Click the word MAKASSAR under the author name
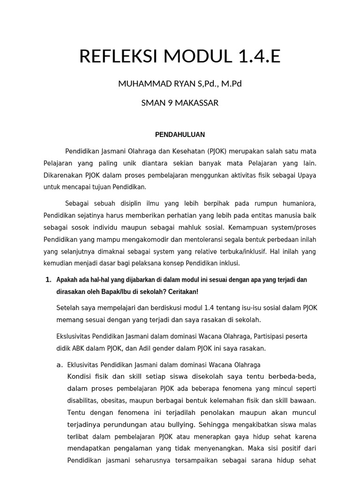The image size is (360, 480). click(x=196, y=103)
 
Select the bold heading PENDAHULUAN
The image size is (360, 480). click(x=180, y=135)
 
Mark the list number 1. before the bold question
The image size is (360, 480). click(x=48, y=280)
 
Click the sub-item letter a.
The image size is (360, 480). click(x=59, y=365)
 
